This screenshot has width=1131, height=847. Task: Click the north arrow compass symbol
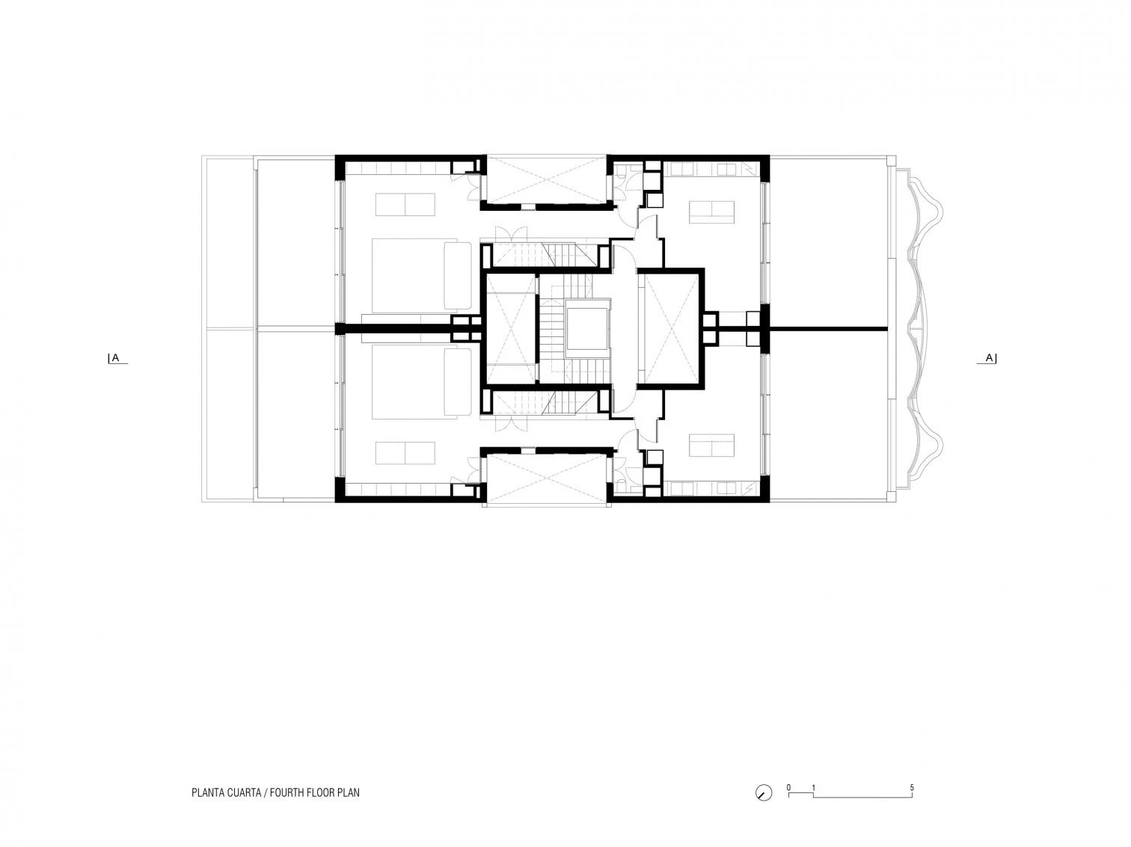[763, 793]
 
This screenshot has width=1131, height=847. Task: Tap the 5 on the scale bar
[912, 787]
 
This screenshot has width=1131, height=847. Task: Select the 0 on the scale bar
[789, 787]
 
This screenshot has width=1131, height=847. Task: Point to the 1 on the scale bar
[814, 787]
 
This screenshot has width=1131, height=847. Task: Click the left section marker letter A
[116, 357]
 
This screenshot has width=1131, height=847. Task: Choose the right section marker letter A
[988, 357]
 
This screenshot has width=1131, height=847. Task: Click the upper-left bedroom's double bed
[421, 275]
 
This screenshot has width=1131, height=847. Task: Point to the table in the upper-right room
[711, 212]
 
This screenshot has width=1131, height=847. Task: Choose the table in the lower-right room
[711, 446]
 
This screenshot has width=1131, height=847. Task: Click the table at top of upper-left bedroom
[405, 204]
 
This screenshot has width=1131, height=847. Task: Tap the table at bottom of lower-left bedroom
[405, 452]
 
